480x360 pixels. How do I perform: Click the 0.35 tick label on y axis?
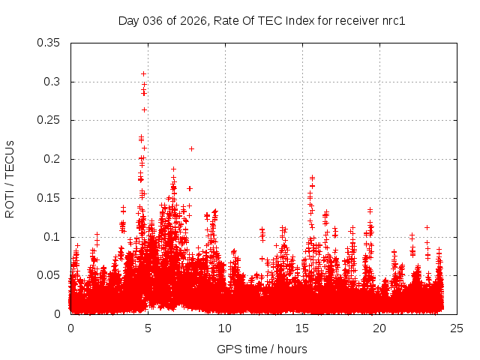point(49,43)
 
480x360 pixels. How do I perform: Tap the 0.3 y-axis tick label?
point(52,82)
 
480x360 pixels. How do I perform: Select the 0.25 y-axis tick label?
point(49,120)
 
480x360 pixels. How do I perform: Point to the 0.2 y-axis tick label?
point(52,159)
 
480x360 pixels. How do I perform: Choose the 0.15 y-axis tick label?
point(49,198)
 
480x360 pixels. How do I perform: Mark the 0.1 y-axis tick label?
point(52,237)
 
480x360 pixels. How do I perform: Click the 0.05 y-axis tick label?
point(49,275)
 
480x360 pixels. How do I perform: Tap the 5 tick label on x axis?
point(148,328)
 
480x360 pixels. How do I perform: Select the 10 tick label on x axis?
point(225,328)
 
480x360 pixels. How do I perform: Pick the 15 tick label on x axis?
point(302,328)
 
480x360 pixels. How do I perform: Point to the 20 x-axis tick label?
point(379,328)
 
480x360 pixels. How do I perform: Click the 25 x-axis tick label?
point(457,328)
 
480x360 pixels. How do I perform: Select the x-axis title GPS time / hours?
point(262,349)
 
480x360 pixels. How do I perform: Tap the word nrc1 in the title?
point(392,20)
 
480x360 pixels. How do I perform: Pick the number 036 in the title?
point(154,20)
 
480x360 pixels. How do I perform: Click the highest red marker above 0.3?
point(143,73)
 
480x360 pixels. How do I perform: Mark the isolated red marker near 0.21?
point(191,148)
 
